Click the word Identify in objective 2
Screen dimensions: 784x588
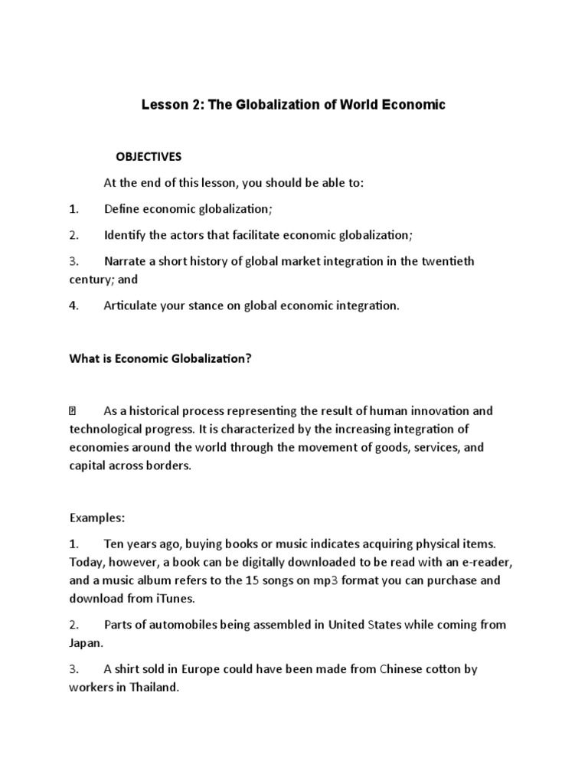click(126, 234)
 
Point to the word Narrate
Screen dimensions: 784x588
click(126, 261)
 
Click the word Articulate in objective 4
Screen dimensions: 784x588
click(132, 305)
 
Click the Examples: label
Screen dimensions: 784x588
click(96, 518)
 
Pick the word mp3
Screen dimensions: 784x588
click(312, 580)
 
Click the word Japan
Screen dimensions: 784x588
click(84, 642)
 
